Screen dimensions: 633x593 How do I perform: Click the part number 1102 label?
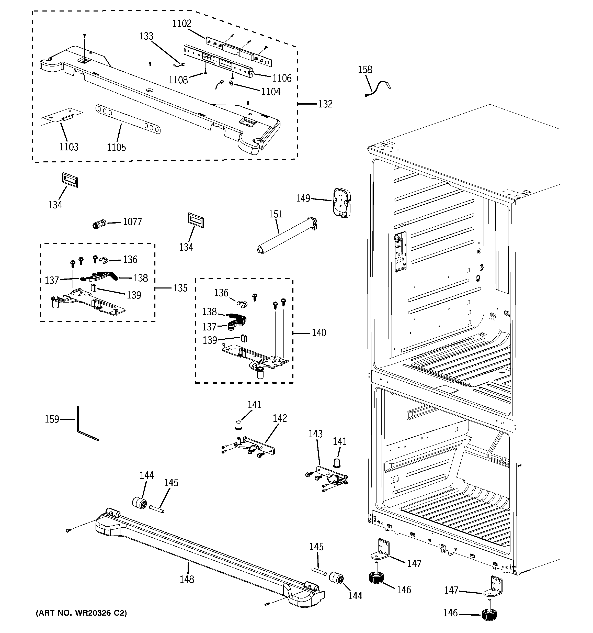182,24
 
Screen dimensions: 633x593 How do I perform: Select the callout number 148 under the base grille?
187,579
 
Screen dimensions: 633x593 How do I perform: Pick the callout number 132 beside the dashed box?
325,104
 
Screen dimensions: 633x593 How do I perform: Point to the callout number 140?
319,333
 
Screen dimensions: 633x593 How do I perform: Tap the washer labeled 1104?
231,83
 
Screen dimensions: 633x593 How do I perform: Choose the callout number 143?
315,434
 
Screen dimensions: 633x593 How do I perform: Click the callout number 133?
146,36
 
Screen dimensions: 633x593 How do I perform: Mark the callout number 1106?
282,78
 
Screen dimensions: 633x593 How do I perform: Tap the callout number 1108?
178,80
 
